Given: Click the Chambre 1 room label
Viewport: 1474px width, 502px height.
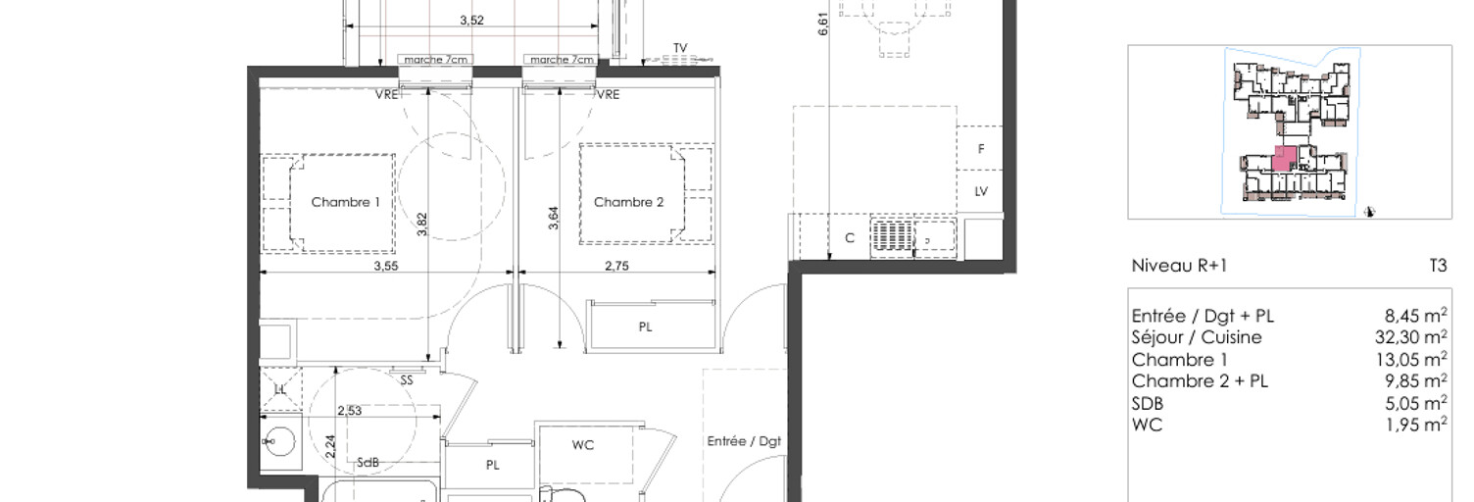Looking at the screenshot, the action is [345, 202].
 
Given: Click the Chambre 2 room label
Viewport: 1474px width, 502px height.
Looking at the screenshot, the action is [628, 202].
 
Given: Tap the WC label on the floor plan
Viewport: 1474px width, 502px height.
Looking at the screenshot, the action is [583, 445].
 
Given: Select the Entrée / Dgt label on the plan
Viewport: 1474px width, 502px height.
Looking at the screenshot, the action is [744, 441].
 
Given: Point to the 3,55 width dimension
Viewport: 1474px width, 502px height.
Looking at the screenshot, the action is [386, 266].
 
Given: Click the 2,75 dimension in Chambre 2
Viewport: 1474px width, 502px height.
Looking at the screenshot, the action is [616, 266].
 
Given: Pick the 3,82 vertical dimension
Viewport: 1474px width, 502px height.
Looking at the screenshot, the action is [421, 225].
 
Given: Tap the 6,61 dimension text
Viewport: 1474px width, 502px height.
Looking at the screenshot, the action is [823, 24].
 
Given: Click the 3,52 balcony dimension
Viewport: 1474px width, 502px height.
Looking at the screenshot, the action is [471, 21].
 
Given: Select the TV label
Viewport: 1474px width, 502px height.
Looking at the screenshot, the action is [680, 48].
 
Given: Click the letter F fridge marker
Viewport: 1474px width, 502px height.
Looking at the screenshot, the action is [981, 149].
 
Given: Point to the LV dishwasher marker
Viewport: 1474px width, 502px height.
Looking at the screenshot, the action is [981, 191].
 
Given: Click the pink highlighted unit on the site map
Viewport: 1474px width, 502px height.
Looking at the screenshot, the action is [1284, 160].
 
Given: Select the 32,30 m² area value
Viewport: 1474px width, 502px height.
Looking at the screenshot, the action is [1411, 337].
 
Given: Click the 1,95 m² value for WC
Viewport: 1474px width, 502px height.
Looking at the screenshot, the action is [1416, 425].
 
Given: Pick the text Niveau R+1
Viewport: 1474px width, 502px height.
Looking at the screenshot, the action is [1179, 266].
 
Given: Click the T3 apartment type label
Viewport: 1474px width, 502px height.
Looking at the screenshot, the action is [1439, 266].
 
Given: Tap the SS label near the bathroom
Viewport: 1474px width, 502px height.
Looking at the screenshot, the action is [407, 380].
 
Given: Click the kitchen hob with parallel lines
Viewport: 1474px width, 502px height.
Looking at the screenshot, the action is [893, 238].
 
